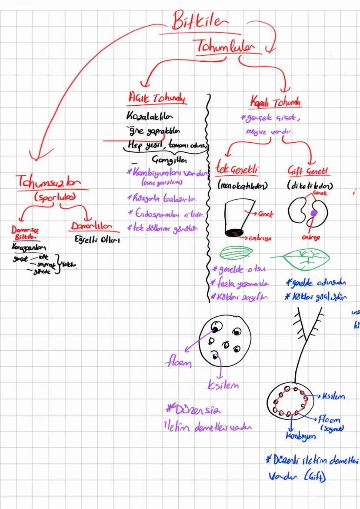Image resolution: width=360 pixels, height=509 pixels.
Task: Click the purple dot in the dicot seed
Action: click(x=314, y=213)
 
